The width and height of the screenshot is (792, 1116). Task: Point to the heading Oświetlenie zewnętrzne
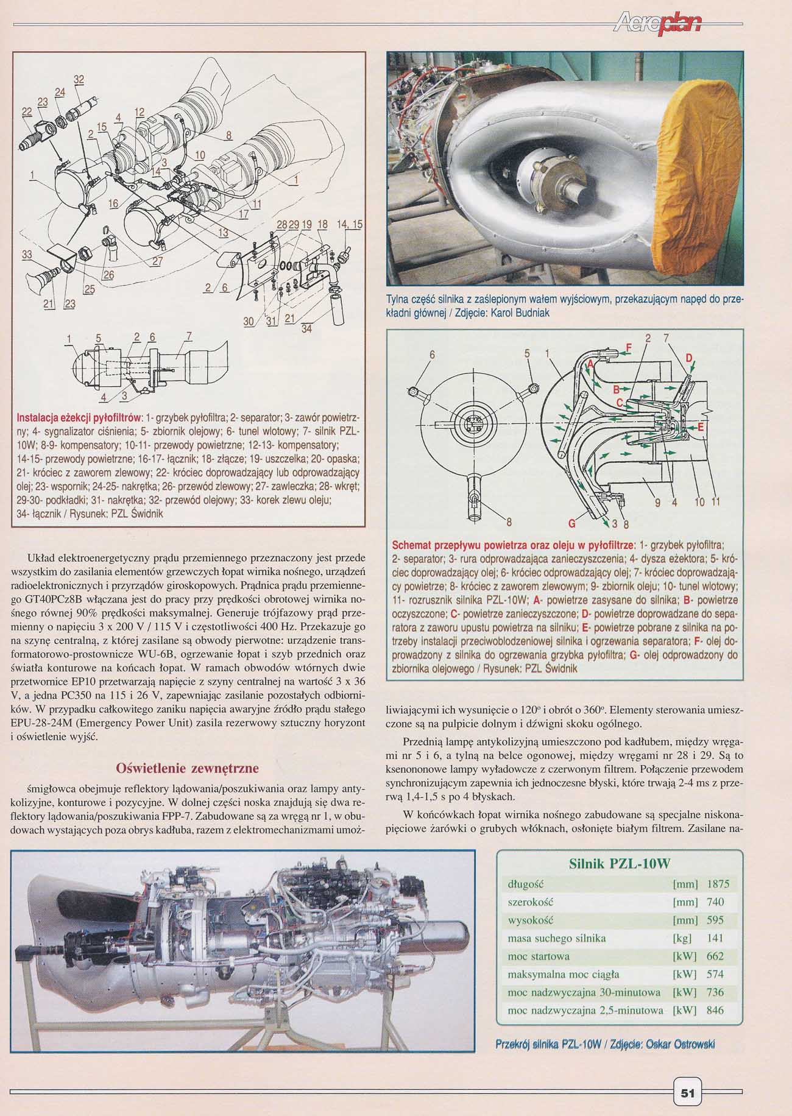tap(187, 766)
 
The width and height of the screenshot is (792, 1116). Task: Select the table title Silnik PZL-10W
tap(620, 864)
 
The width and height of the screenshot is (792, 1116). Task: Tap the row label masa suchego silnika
tap(548, 938)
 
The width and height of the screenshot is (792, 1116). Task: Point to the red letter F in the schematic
tap(629, 348)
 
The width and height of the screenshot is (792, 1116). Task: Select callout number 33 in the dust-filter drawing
tap(27, 255)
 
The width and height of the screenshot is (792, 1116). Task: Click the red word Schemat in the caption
tap(414, 544)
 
